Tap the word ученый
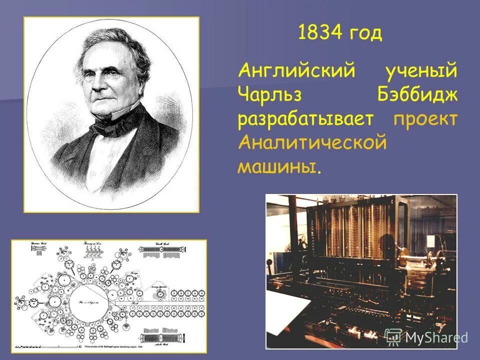420,71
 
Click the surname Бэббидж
417,95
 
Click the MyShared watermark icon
393,337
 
